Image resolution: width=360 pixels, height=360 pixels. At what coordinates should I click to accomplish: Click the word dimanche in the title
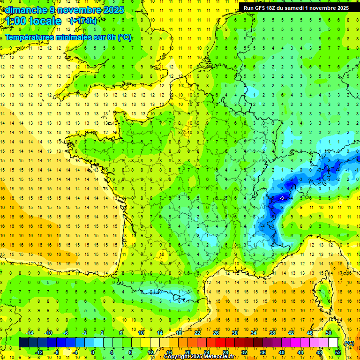[26, 9]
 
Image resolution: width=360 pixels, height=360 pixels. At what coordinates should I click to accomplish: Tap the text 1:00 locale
[33, 21]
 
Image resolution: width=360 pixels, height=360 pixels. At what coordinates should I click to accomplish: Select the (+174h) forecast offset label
[83, 21]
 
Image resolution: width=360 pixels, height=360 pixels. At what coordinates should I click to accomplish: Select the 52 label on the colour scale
[338, 352]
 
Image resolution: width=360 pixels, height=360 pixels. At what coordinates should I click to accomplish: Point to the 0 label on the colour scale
[93, 352]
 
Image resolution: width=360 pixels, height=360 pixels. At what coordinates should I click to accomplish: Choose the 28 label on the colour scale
[225, 352]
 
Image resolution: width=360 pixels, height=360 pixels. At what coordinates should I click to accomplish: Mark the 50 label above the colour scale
[329, 333]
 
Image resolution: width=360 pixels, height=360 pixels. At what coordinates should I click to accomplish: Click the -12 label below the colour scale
[38, 352]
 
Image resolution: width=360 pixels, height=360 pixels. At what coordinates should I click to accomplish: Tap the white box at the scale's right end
[333, 342]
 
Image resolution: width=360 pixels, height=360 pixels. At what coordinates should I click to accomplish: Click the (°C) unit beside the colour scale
[349, 343]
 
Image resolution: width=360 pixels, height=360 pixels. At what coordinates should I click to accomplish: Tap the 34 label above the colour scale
[254, 333]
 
